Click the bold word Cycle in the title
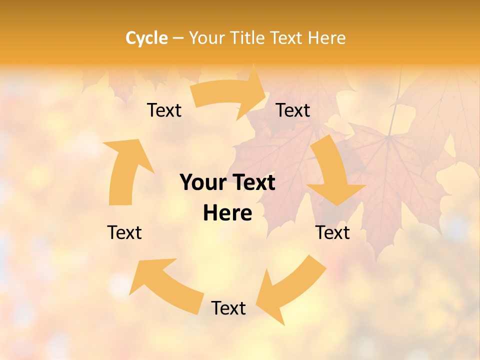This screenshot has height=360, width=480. pyautogui.click(x=146, y=38)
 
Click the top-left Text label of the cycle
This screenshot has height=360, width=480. pyautogui.click(x=164, y=110)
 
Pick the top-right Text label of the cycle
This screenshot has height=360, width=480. pyautogui.click(x=293, y=110)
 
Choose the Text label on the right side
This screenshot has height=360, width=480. pyautogui.click(x=332, y=232)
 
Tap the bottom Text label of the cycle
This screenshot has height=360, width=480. pyautogui.click(x=228, y=308)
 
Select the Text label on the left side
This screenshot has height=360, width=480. pyautogui.click(x=124, y=232)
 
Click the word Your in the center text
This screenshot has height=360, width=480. pyautogui.click(x=200, y=183)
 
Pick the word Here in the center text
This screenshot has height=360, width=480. pyautogui.click(x=227, y=213)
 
